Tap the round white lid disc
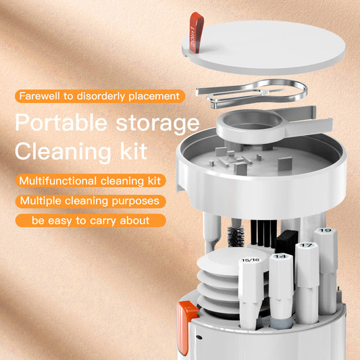click(270, 47)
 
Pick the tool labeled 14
click(282, 284)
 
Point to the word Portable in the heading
click(58, 124)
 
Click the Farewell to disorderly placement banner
click(99, 96)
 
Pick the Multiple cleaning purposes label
click(89, 201)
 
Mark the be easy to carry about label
click(90, 220)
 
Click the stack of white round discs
click(217, 284)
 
